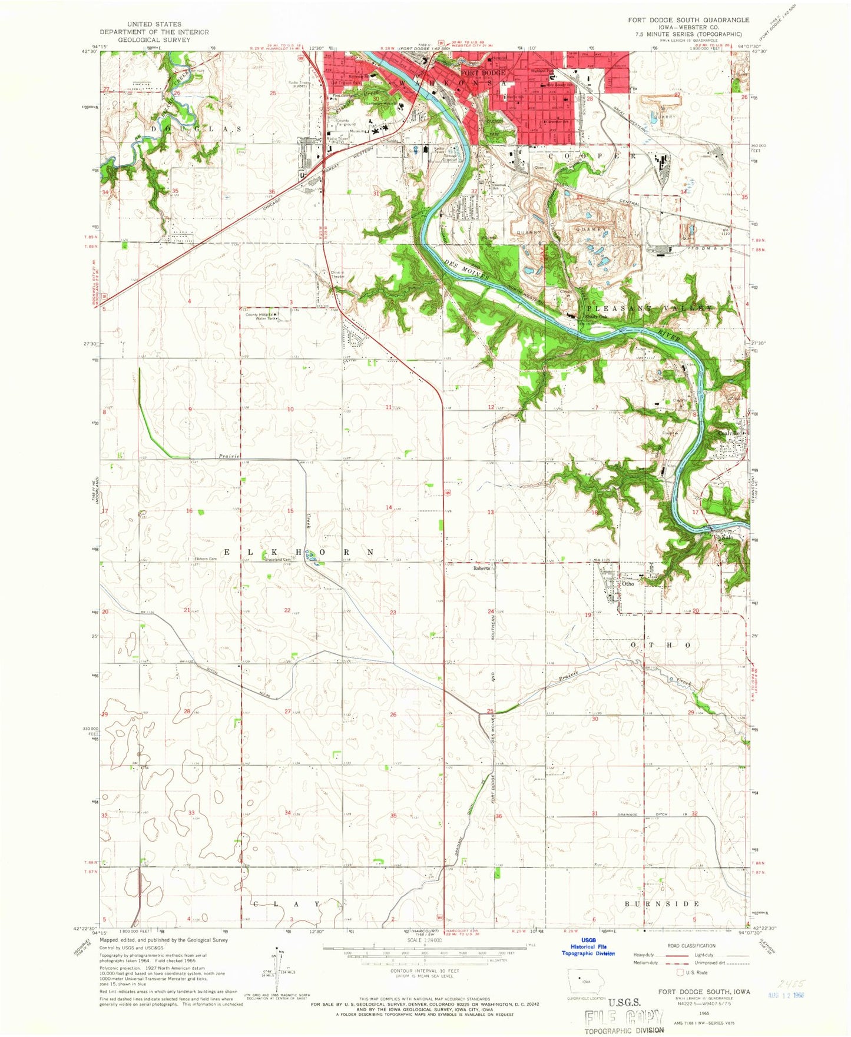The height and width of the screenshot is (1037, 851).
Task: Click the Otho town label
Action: [628, 584]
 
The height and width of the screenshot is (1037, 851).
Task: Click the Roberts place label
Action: [482, 569]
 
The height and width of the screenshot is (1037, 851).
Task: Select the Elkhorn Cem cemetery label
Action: [202, 559]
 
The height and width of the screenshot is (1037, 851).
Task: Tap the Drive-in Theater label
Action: [338, 274]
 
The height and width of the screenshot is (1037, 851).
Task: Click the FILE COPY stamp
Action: [624, 1017]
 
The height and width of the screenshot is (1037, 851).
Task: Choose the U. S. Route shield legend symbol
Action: [683, 972]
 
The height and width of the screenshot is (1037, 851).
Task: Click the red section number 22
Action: [287, 610]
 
